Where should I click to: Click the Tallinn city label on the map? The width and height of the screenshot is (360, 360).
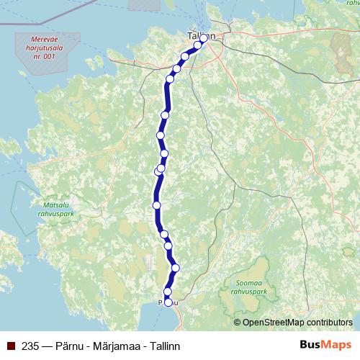[201, 35]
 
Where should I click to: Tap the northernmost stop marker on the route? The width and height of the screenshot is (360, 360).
[204, 37]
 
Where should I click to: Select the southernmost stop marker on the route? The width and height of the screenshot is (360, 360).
[169, 303]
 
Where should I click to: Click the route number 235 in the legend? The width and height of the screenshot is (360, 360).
[31, 346]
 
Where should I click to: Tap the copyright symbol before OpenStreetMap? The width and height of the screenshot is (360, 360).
[238, 323]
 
